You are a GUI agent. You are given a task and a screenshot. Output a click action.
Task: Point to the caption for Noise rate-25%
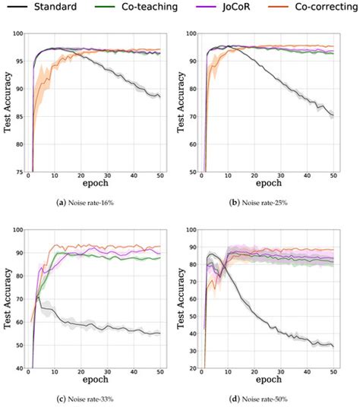tap(267, 204)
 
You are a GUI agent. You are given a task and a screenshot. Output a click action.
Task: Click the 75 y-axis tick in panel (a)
tap(18, 172)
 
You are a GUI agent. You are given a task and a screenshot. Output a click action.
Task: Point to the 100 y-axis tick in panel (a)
tap(17, 35)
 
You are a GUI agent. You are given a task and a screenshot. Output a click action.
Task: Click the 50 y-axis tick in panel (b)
tap(193, 172)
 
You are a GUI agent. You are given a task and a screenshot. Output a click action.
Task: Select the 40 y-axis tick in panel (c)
tap(18, 368)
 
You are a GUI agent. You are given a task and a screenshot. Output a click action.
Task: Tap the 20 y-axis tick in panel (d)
tap(193, 368)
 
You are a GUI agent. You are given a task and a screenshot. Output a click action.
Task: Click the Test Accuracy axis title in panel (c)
tap(7, 298)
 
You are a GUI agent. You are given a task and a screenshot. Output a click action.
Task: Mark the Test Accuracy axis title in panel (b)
tap(182, 104)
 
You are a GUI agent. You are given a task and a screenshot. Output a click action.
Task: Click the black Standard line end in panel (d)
tap(333, 346)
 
